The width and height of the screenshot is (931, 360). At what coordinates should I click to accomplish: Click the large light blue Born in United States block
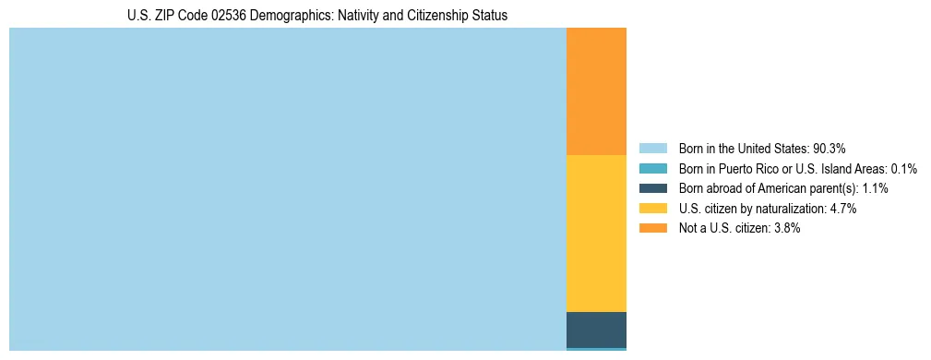pyautogui.click(x=287, y=189)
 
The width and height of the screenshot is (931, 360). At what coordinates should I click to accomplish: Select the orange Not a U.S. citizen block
pyautogui.click(x=596, y=91)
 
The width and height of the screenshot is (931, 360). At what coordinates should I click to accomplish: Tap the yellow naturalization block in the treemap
pyautogui.click(x=596, y=234)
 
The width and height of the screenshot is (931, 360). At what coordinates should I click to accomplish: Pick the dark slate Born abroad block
pyautogui.click(x=596, y=330)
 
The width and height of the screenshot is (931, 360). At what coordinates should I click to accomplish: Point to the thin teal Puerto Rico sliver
pyautogui.click(x=596, y=349)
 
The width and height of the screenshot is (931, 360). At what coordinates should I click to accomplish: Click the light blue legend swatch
pyautogui.click(x=652, y=149)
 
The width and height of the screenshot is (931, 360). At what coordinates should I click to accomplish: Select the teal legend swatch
pyautogui.click(x=652, y=169)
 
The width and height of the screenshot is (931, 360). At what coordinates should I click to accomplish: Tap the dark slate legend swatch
pyautogui.click(x=652, y=188)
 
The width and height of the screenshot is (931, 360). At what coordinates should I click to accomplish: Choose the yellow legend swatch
pyautogui.click(x=652, y=209)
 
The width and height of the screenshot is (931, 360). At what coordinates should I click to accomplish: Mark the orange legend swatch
pyautogui.click(x=652, y=229)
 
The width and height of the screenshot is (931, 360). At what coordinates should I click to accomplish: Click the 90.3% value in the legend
pyautogui.click(x=830, y=149)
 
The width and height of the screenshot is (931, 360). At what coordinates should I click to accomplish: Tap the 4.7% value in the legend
pyautogui.click(x=841, y=209)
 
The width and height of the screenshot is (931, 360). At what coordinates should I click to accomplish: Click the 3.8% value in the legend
pyautogui.click(x=785, y=229)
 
